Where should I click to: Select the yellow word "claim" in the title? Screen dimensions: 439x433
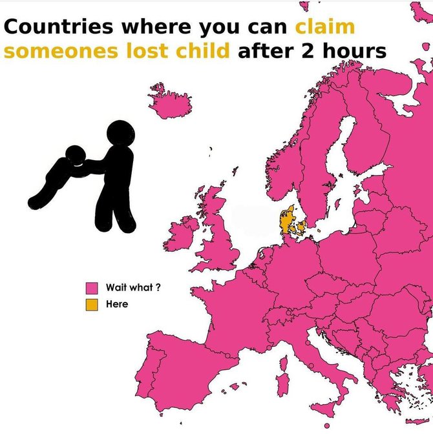[325, 28]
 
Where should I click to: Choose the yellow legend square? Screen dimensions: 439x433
[92, 304]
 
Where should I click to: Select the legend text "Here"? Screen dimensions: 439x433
[117, 304]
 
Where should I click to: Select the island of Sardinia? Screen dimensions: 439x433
[282, 385]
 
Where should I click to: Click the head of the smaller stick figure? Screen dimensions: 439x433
[75, 156]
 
